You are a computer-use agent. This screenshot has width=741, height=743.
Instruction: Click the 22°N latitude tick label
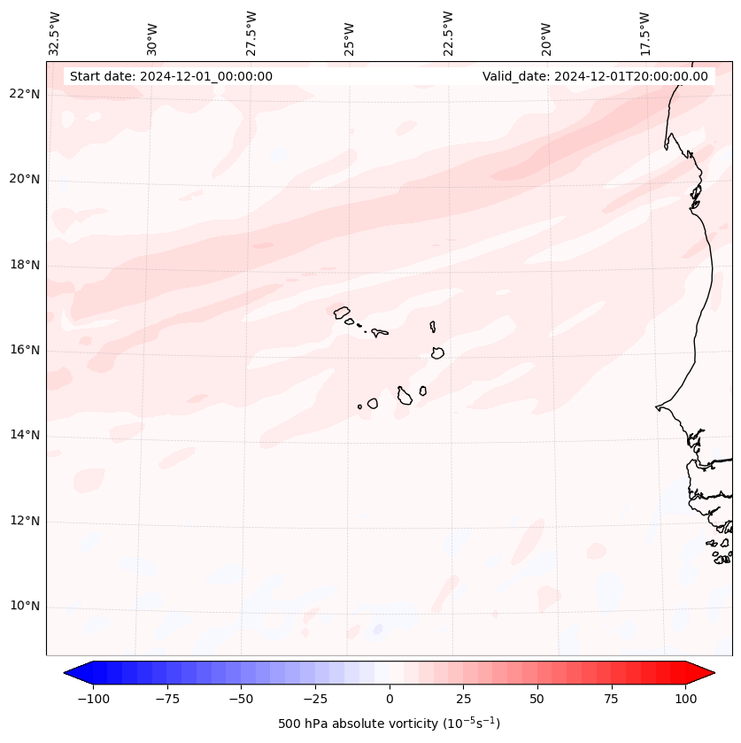tap(25, 95)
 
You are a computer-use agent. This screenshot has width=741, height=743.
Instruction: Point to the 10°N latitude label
tap(25, 607)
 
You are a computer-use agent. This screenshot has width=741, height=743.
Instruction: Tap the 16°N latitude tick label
tap(25, 351)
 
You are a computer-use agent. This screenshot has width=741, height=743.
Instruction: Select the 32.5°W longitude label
tap(55, 33)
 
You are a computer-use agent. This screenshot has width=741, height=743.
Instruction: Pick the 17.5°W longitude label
tap(645, 33)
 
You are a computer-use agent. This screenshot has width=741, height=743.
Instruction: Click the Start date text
tap(171, 76)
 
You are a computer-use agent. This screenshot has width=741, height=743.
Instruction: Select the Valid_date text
tap(595, 76)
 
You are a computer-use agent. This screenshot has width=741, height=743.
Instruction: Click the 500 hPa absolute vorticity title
tap(390, 724)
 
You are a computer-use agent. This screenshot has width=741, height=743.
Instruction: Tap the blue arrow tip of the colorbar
tap(69, 674)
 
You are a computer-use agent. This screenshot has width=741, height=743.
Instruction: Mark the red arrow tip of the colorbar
tap(710, 674)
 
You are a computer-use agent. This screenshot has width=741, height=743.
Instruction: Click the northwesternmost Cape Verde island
tap(342, 312)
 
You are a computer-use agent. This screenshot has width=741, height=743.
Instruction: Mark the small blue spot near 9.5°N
tap(378, 629)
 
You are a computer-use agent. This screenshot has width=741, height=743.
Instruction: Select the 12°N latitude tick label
tap(25, 522)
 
